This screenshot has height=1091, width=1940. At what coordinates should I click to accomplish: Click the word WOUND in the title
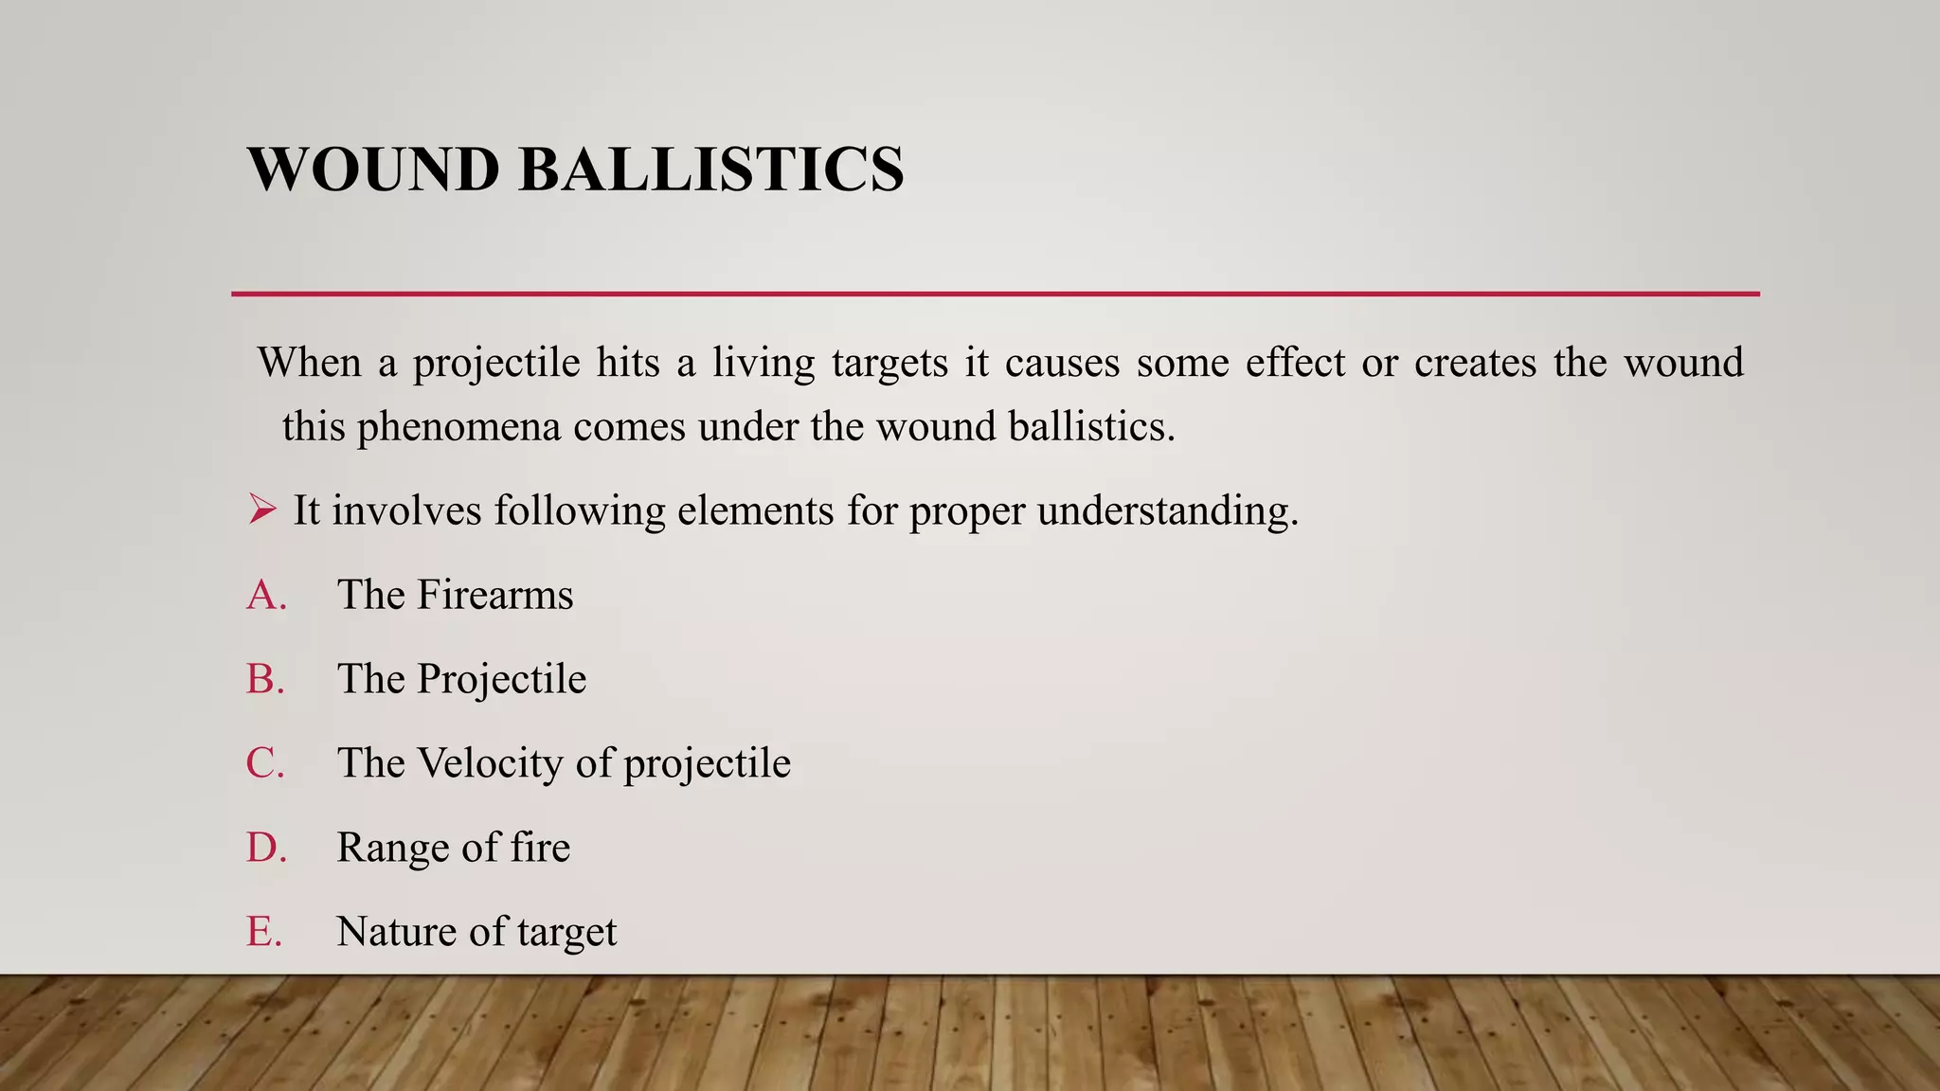click(x=373, y=170)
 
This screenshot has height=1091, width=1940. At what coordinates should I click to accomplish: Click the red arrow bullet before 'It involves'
click(x=262, y=510)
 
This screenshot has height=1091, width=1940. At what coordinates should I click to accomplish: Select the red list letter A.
click(x=266, y=596)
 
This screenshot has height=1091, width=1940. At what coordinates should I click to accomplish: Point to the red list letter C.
click(x=265, y=763)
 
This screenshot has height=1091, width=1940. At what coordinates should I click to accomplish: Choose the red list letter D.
click(x=266, y=848)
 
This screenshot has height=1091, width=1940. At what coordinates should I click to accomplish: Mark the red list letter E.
click(x=264, y=932)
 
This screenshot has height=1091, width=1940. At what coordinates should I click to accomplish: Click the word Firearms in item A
click(x=495, y=596)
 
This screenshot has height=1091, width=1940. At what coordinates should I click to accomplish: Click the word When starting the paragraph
click(x=310, y=363)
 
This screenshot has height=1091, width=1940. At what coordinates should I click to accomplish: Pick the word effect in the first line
click(x=1295, y=363)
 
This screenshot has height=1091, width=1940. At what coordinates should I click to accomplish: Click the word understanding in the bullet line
click(x=1168, y=511)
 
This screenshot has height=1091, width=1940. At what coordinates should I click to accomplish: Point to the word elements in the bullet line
click(x=755, y=511)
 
